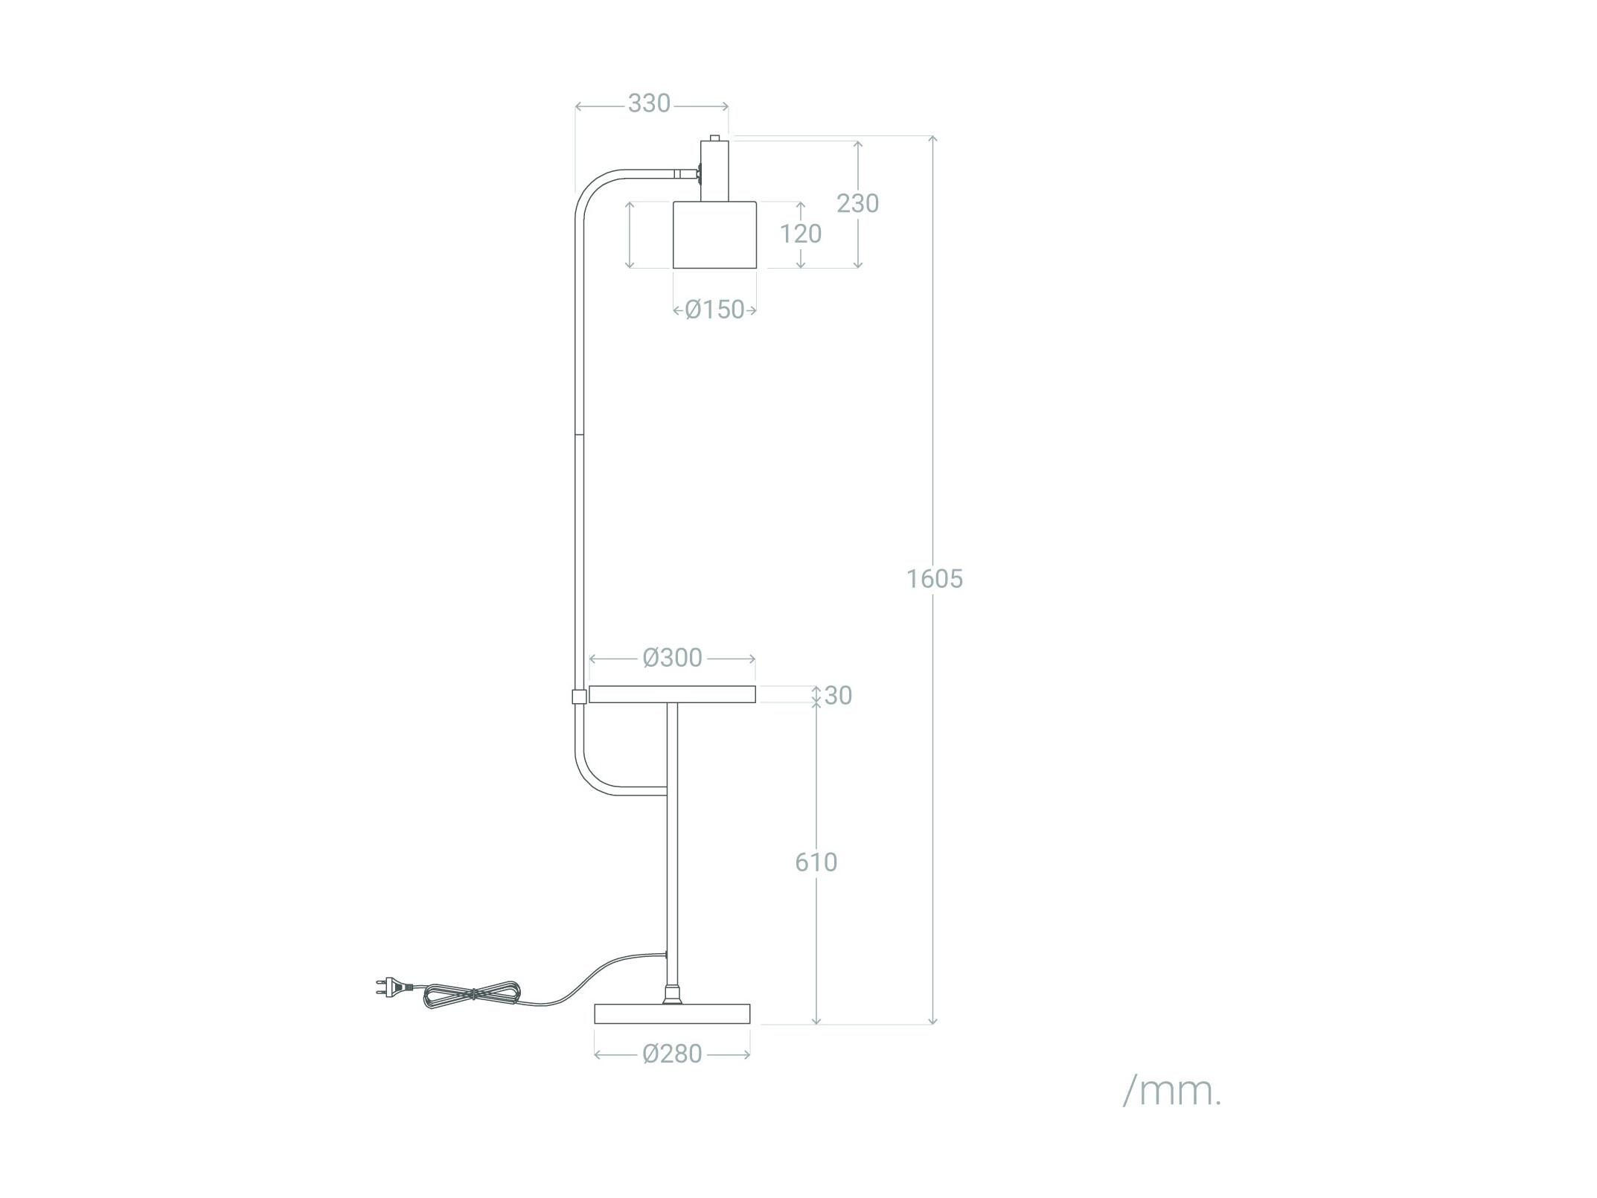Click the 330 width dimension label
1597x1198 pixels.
pos(649,103)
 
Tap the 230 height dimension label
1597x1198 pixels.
pos(857,203)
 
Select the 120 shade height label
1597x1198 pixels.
pos(801,234)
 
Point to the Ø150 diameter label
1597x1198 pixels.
pos(714,310)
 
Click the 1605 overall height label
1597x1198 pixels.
pos(935,578)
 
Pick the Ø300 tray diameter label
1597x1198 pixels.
pos(673,658)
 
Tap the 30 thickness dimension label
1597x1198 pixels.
pos(839,695)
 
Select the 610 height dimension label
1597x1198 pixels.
pos(816,862)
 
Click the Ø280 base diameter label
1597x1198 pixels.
pos(673,1054)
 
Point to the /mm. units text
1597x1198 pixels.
pos(1172,1092)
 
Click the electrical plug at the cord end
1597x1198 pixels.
pos(392,987)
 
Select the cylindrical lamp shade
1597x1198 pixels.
pos(714,234)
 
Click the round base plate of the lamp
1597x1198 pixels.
pos(673,1013)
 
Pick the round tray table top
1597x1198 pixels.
pos(672,694)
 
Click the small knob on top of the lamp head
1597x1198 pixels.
pos(714,137)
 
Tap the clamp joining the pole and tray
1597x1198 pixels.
pos(577,696)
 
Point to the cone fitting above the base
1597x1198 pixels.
pos(672,993)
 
